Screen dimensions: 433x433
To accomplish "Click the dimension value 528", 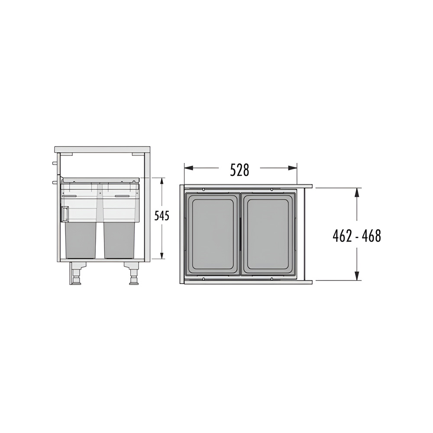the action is tap(240, 170).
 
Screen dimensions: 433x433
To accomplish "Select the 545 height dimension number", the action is tap(162, 216).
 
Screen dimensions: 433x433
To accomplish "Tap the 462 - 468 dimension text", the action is tap(357, 236).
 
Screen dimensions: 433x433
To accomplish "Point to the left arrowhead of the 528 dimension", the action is tap(189, 168).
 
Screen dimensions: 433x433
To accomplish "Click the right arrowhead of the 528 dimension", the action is tap(293, 168).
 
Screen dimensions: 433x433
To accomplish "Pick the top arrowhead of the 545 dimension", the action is tap(162, 182).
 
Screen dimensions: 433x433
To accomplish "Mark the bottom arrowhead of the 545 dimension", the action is tap(162, 255).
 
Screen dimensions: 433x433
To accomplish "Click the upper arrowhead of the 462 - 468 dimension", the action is tap(357, 192).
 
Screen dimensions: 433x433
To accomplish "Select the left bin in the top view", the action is tap(212, 234).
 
